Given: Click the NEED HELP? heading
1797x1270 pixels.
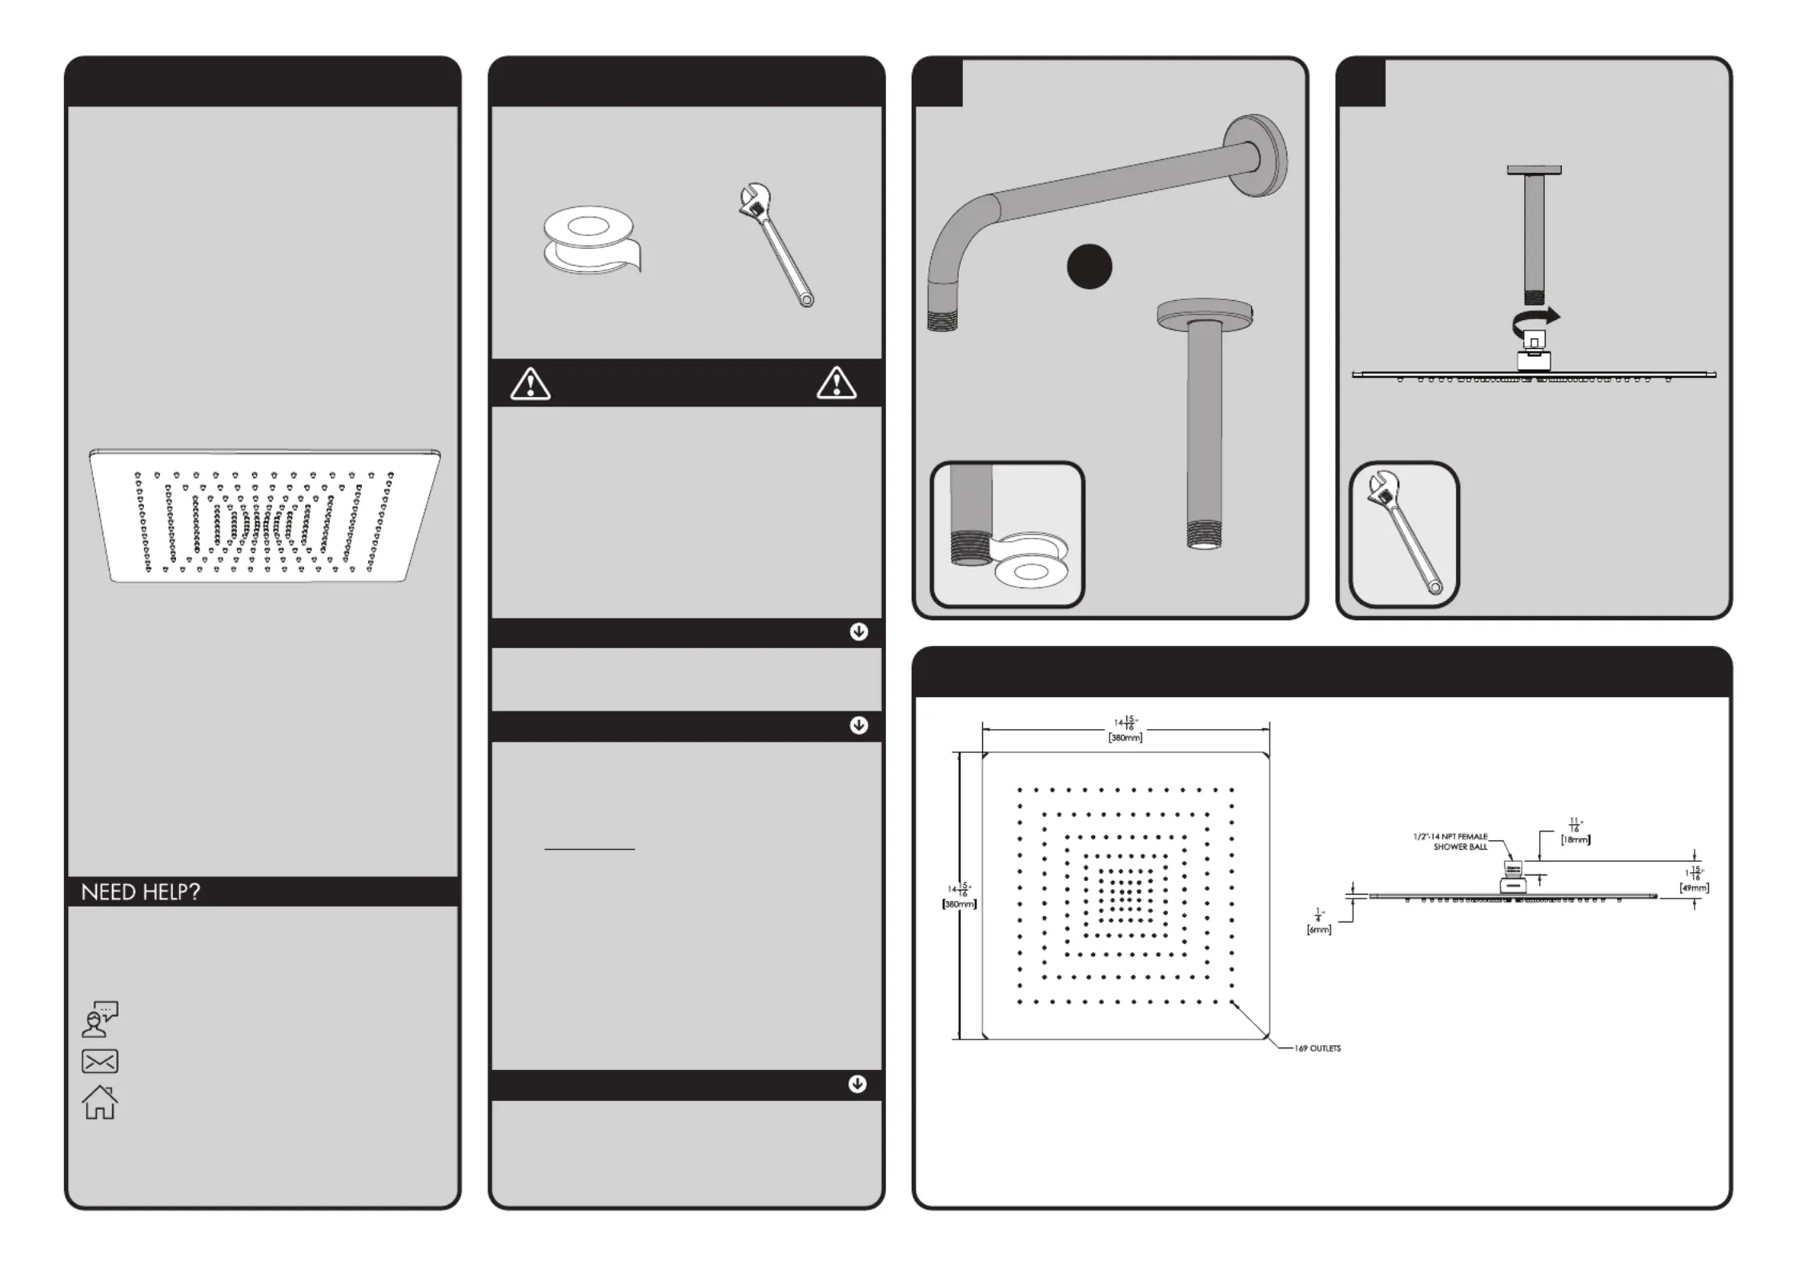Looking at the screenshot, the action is click(140, 891).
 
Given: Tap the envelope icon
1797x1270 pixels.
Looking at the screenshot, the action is click(100, 1061).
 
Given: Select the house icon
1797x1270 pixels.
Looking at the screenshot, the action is click(100, 1102).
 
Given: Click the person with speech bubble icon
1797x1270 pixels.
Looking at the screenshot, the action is click(100, 1019).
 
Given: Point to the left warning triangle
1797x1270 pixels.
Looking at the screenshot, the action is click(530, 384).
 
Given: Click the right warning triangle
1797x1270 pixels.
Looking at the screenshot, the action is click(836, 383).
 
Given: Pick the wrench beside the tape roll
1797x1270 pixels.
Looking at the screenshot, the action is click(774, 244).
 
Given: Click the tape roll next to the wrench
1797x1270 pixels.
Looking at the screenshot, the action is click(591, 239).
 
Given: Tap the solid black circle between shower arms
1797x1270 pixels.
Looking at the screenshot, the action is click(1089, 266).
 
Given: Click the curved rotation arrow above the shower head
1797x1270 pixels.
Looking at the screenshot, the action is click(1535, 319).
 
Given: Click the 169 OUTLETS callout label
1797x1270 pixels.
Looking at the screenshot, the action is click(1317, 1048).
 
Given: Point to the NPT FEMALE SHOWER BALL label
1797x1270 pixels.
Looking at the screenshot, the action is click(1450, 841).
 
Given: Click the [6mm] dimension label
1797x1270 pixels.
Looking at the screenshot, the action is click(1318, 930).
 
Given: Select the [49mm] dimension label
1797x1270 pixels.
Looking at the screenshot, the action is click(1694, 887).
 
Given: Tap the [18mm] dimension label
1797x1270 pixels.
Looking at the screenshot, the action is click(1575, 839).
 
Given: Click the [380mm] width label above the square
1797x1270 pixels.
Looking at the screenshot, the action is click(1125, 738).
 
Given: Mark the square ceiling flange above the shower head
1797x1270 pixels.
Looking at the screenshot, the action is click(1534, 170).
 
